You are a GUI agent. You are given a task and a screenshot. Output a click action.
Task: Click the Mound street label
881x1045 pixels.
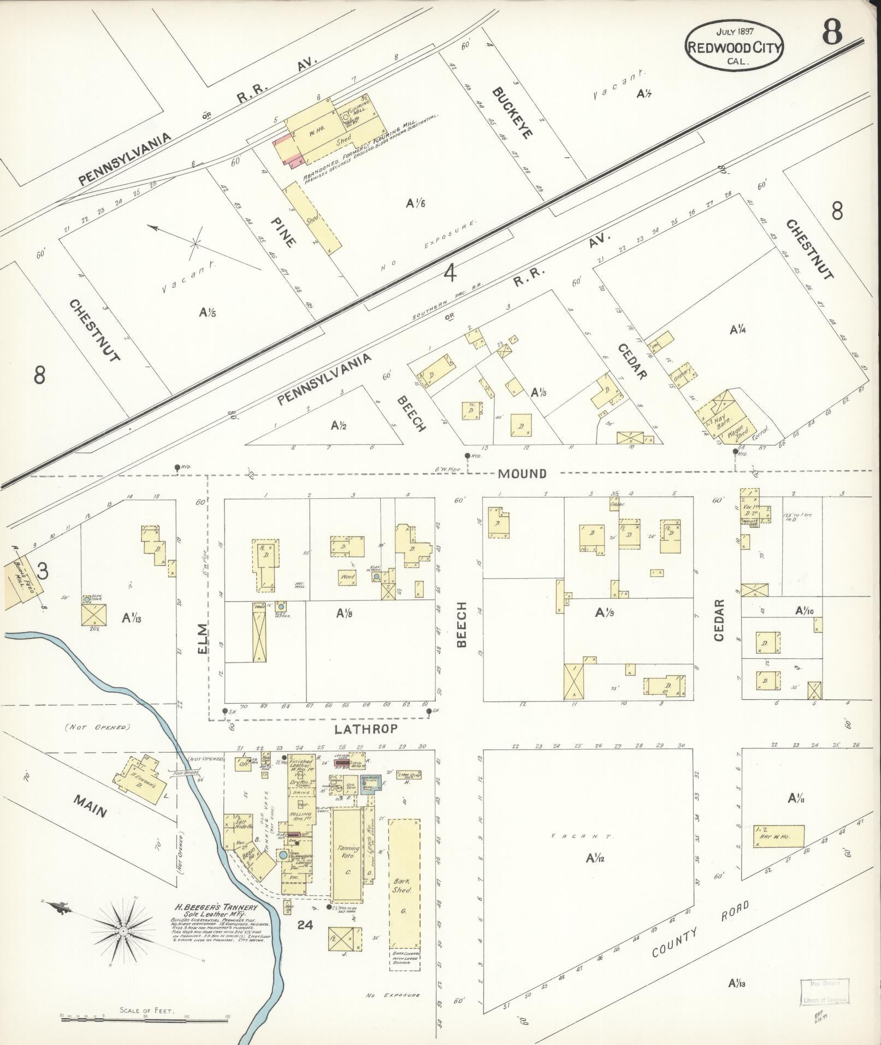coord(522,473)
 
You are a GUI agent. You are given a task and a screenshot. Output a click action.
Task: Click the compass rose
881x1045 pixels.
coord(124,928)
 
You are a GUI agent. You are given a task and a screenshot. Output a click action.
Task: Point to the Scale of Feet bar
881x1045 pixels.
coord(144,1017)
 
